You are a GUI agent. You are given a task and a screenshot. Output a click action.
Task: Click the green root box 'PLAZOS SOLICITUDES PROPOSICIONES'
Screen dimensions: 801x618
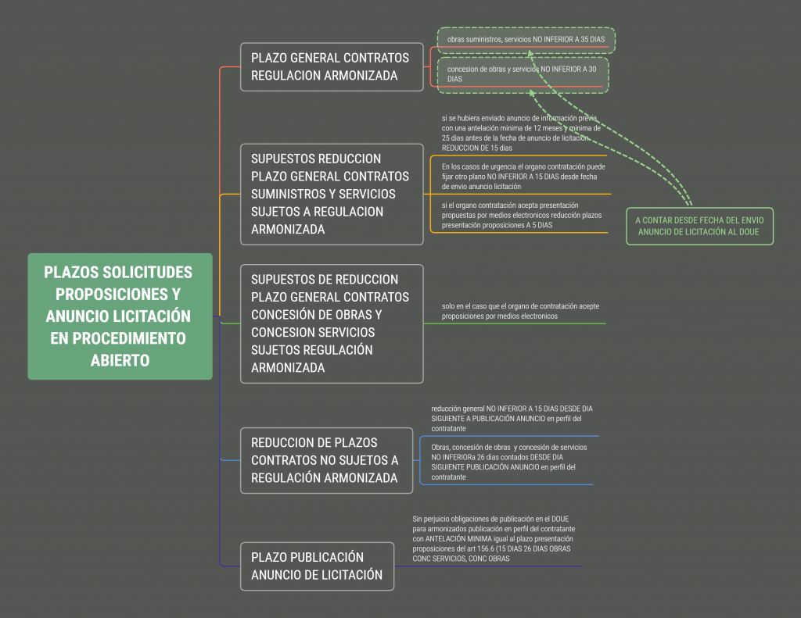point(120,316)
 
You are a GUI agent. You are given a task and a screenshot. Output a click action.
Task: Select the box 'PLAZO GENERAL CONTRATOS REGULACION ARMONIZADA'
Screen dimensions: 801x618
point(332,67)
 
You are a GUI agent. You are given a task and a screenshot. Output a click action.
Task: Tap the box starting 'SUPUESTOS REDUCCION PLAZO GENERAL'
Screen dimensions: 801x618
point(332,195)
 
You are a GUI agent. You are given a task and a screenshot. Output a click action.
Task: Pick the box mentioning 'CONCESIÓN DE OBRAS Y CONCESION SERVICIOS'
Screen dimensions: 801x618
point(332,323)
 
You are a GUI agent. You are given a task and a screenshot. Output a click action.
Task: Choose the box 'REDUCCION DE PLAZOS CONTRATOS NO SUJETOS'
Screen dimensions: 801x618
point(326,460)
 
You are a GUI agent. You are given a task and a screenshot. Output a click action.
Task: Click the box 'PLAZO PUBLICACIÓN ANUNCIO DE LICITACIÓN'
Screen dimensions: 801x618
point(318,566)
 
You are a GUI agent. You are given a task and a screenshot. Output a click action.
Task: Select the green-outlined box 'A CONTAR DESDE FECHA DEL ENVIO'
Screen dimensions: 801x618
point(700,226)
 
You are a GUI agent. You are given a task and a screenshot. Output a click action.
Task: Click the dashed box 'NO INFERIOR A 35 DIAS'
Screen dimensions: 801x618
point(526,41)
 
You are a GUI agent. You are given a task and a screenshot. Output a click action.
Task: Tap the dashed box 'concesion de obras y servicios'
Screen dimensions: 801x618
point(523,75)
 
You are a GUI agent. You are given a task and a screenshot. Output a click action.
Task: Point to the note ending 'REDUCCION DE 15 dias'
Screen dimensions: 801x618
point(521,133)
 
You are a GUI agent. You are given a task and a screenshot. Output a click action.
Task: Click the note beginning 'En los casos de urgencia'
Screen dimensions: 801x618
point(523,177)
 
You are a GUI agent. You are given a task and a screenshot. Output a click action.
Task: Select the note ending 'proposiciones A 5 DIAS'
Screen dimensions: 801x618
point(522,216)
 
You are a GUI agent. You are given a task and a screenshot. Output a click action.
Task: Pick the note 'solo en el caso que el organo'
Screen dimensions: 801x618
point(520,311)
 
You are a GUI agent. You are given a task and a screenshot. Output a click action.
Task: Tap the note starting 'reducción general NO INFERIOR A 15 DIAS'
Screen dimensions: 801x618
point(512,419)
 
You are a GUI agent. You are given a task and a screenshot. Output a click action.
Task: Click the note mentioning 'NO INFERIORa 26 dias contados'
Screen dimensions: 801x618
point(508,462)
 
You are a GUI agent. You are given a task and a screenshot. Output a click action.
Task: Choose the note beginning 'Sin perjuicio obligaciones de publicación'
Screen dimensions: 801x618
point(494,538)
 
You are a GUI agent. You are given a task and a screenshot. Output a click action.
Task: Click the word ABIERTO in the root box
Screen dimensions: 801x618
point(120,360)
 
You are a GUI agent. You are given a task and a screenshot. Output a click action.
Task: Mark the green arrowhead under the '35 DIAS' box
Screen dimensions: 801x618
point(530,53)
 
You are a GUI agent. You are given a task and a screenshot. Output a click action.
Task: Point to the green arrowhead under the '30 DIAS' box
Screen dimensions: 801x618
point(532,93)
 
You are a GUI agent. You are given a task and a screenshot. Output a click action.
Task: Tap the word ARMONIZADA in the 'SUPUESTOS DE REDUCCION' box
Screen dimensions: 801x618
point(288,367)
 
